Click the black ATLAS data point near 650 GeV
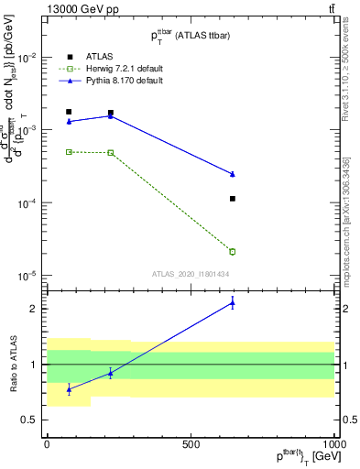click(233, 199)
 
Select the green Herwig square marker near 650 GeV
click(233, 251)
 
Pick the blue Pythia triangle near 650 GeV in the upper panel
click(233, 174)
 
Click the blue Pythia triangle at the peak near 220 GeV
click(111, 115)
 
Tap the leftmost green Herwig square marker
click(69, 152)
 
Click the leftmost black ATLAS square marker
click(69, 112)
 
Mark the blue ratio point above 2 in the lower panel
click(233, 303)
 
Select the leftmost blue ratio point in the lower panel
click(69, 389)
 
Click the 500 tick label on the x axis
click(191, 444)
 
